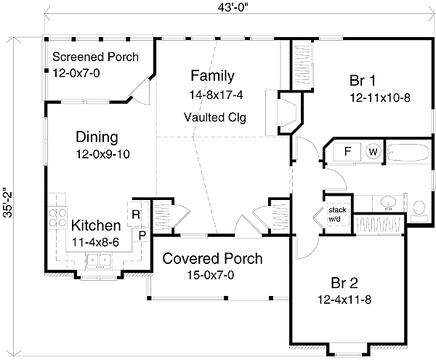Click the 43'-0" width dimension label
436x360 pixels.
[233, 7]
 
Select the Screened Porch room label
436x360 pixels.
[95, 57]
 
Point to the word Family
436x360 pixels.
[212, 76]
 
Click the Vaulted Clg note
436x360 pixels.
[215, 117]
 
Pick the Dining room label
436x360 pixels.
[97, 137]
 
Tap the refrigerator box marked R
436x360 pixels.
[135, 215]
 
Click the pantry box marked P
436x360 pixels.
[142, 236]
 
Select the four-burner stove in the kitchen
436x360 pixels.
[57, 218]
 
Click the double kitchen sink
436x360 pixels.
[99, 261]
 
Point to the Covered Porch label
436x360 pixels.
[212, 259]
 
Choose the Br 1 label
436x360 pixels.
[363, 81]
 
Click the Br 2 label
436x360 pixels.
[344, 283]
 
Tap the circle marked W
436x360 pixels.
[373, 151]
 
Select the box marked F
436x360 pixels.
[347, 151]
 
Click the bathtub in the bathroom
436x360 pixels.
[408, 152]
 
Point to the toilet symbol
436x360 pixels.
[419, 211]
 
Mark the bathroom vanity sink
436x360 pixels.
[388, 203]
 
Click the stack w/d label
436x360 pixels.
[337, 215]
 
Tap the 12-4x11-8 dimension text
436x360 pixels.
[344, 300]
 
